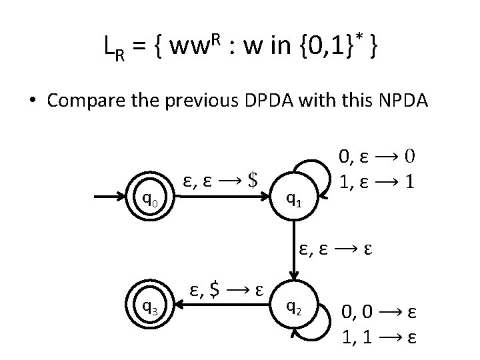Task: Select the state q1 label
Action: point(293,197)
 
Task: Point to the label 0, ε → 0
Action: point(377,157)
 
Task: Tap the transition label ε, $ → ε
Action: point(225,290)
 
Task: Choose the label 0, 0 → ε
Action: point(379,311)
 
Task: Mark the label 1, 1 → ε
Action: point(379,335)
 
